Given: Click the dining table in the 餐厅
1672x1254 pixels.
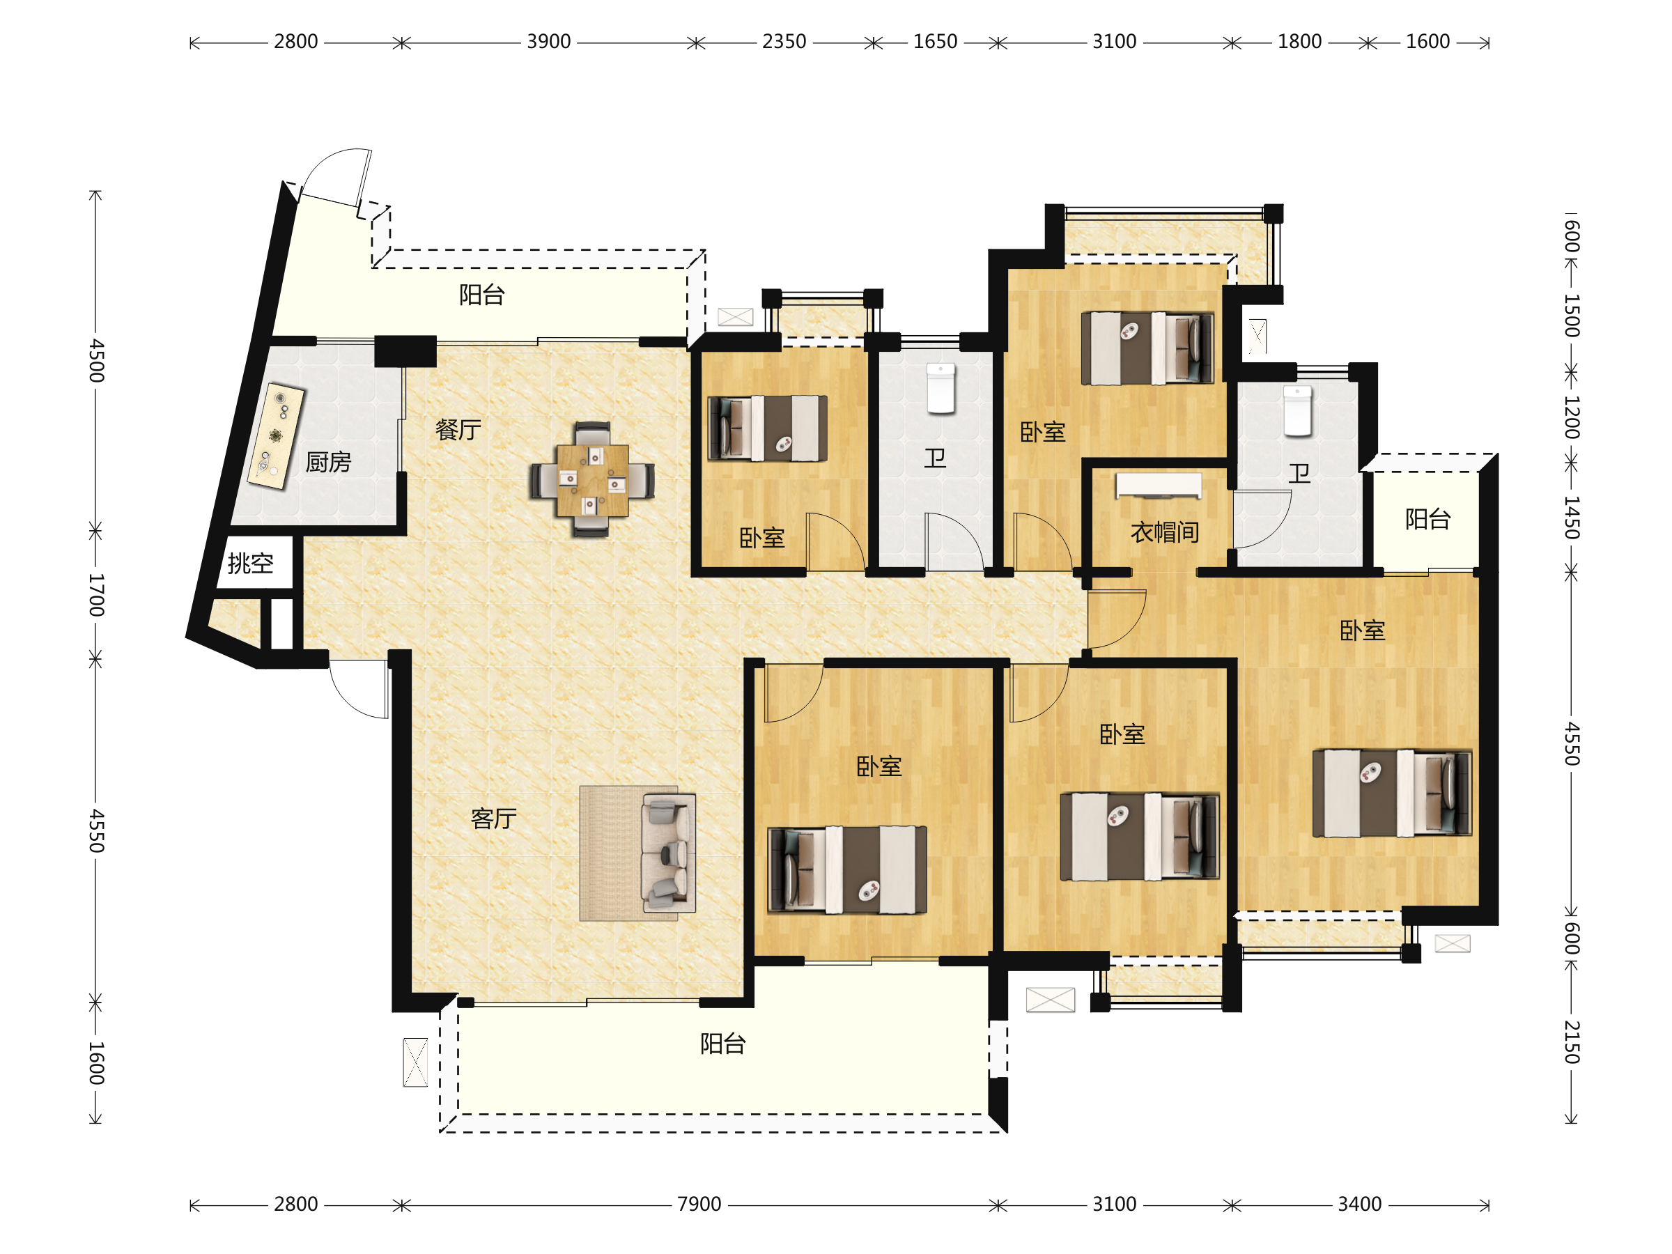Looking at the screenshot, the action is pos(592,480).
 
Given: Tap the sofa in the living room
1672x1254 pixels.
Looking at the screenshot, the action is pos(668,853).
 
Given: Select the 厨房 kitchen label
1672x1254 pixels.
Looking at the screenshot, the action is pos(328,461).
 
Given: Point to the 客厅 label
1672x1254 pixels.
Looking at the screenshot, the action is pos(493,818).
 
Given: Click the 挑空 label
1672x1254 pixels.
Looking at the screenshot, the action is pos(250,562).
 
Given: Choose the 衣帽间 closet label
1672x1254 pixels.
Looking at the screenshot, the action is pos(1165,532).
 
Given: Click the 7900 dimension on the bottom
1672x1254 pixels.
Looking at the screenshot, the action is pos(699,1203).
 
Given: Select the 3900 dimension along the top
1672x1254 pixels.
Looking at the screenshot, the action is pos(549,42).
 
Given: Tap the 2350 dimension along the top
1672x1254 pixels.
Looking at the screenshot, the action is pos(784,42).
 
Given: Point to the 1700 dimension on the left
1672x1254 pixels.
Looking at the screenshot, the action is pos(96,595).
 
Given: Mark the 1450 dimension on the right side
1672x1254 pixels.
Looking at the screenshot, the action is pos(1572,518).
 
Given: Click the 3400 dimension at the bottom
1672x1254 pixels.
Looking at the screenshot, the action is pos(1360,1203).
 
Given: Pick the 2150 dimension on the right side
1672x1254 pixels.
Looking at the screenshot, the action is pos(1572,1042).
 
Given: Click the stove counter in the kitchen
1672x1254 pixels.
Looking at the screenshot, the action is pos(276,436).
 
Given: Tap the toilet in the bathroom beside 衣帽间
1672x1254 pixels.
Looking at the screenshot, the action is pos(1298,410).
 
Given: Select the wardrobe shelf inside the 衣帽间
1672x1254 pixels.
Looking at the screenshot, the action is pos(1158,486).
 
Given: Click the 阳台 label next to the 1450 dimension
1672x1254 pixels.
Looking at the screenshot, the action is pos(1428,518).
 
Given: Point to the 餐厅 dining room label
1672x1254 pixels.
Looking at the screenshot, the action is pos(458,429).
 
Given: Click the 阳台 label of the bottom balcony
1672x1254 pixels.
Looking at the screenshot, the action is pos(722,1043).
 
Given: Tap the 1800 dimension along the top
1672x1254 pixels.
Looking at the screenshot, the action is pos(1299,42).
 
